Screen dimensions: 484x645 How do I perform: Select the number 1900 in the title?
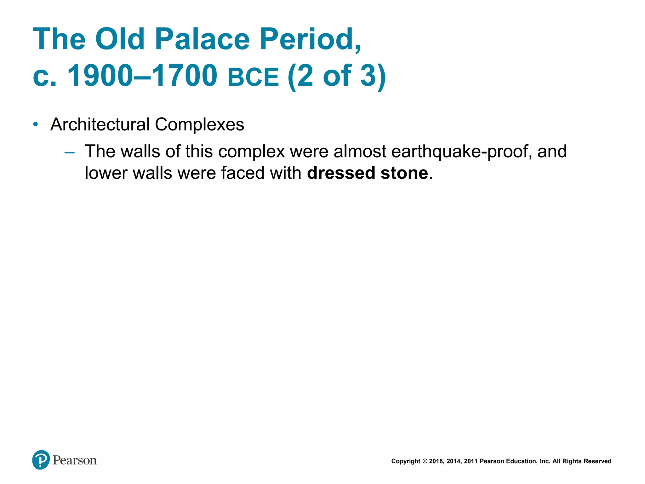pos(100,76)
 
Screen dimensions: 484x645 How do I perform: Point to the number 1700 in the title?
pos(185,76)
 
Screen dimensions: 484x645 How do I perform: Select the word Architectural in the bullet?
pos(100,124)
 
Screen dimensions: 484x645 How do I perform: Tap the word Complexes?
pos(199,124)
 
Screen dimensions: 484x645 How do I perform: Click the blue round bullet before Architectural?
pos(36,124)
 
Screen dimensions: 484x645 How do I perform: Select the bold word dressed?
pos(341,173)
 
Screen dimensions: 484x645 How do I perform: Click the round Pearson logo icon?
pos(41,460)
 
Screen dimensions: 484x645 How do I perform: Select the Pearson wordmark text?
pos(75,460)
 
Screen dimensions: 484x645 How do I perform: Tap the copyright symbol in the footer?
pos(425,461)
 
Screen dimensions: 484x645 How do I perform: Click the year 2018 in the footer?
pos(436,461)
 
